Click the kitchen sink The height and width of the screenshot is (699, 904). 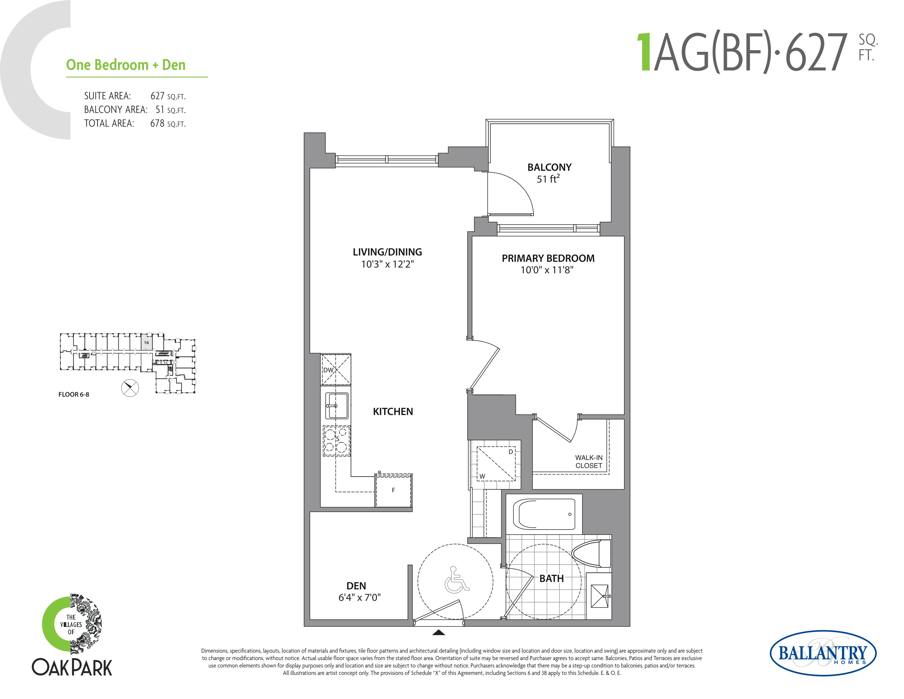point(336,406)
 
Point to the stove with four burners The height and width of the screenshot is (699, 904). point(336,441)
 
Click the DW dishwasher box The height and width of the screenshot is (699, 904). point(336,370)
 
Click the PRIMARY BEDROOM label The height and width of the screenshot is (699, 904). point(548,258)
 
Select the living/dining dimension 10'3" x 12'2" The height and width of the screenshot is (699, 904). point(387,264)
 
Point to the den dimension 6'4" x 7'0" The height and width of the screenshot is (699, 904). point(359,598)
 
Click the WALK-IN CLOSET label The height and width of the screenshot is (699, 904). point(589,462)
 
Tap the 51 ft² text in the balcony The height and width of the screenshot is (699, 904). point(548,179)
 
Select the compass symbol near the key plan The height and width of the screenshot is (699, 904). point(130,388)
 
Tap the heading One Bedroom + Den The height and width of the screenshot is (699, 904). point(126,65)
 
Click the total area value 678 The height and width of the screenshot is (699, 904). point(157,123)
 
